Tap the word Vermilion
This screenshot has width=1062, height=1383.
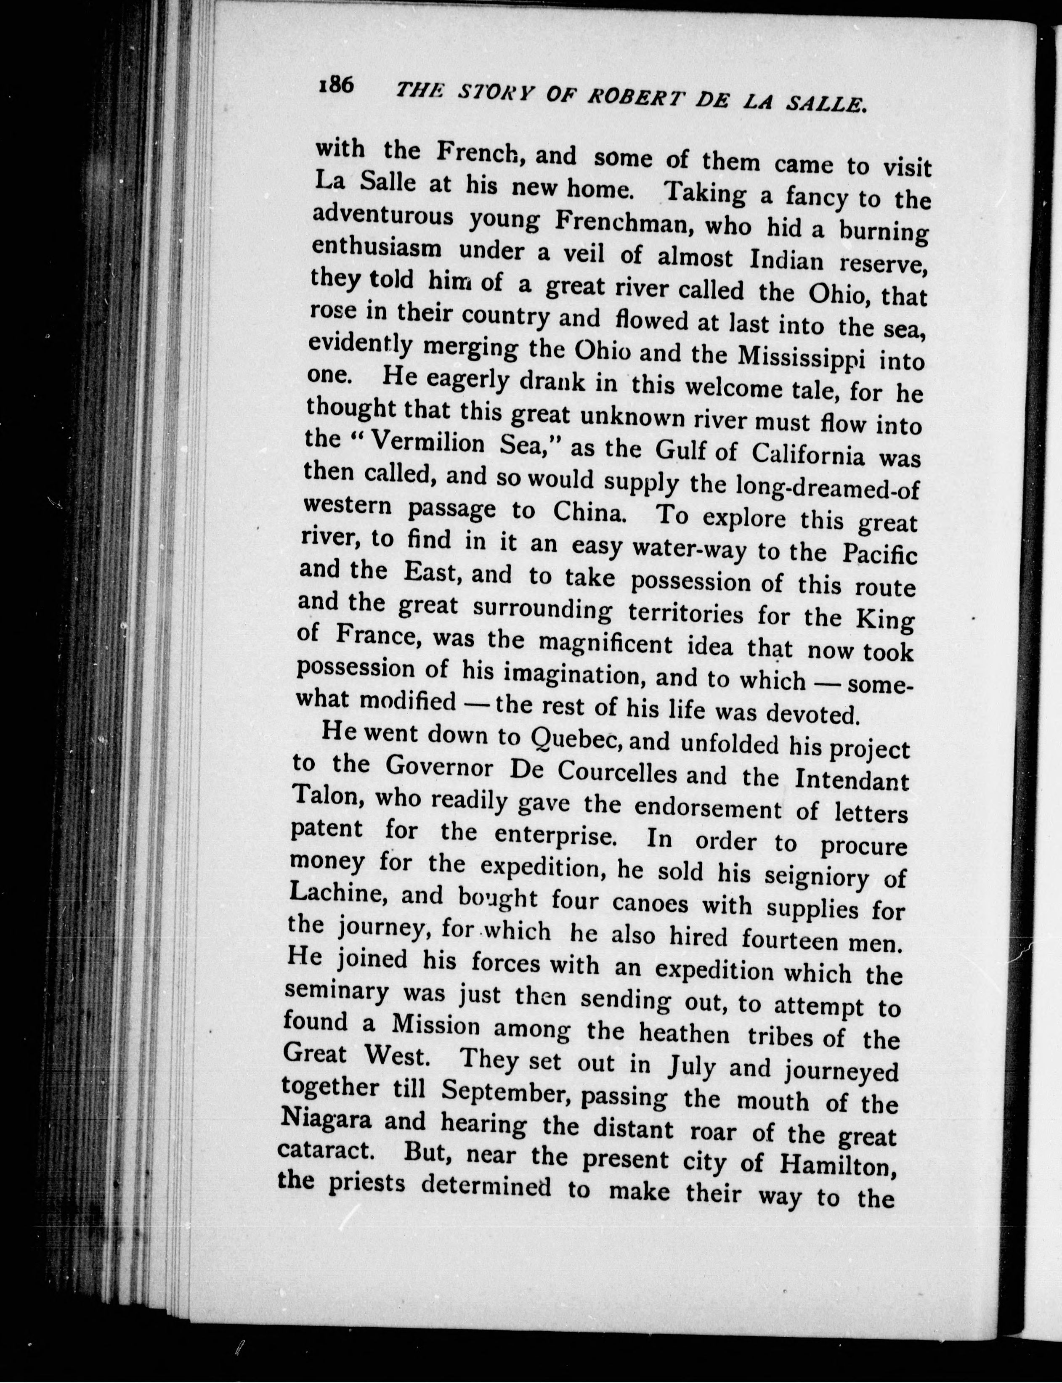coord(427,443)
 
